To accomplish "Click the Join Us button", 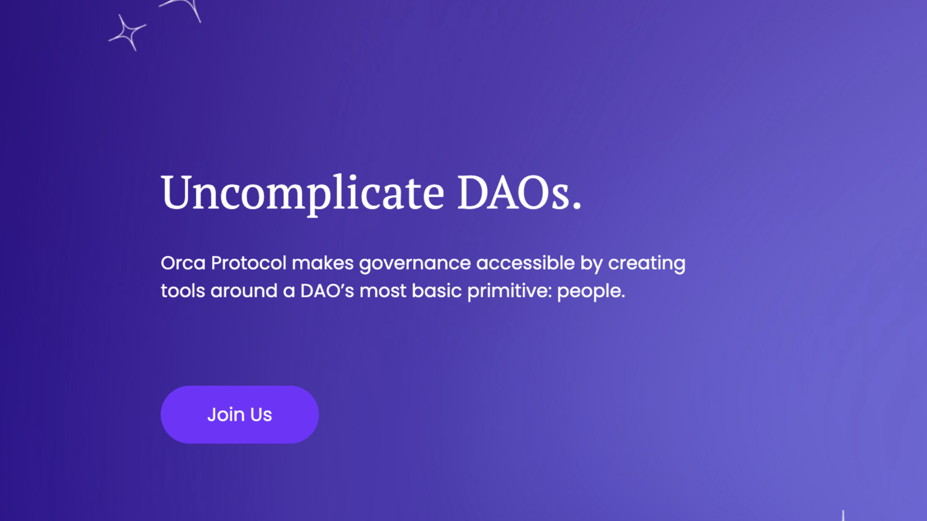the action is (240, 414).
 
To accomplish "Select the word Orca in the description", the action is (183, 263).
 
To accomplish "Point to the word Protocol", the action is (249, 263).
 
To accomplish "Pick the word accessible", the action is (525, 263).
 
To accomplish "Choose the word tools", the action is (183, 291).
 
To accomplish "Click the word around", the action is (244, 291).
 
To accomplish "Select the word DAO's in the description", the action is (327, 291).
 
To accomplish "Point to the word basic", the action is (437, 291).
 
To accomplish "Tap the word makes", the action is (322, 263).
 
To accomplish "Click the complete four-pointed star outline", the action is (127, 33).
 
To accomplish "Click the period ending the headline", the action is (577, 206).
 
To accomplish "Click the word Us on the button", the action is (261, 414).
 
